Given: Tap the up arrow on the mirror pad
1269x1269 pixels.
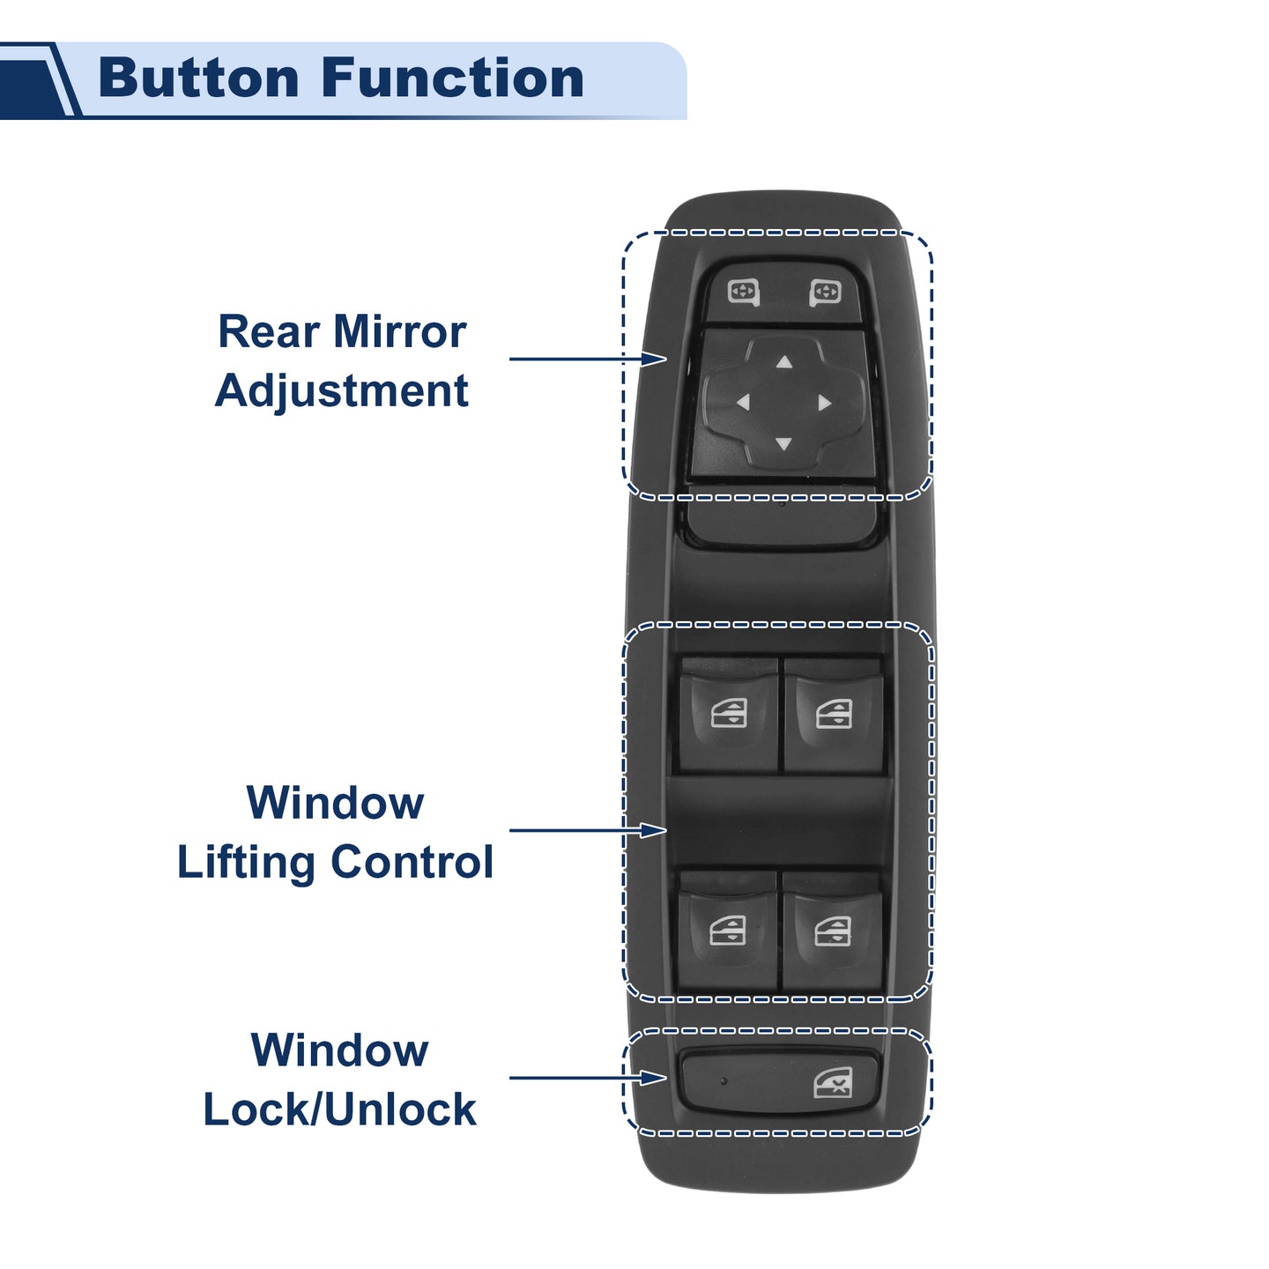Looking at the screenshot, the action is coord(783,361).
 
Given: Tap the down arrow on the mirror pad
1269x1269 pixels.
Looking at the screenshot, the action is coord(783,444).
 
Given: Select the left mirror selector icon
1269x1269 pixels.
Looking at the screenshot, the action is coord(744,292).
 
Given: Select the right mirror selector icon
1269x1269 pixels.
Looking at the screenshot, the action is coord(825,293).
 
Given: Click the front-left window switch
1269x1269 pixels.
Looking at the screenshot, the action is coord(728,716).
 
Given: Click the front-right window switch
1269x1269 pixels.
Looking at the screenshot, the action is coord(834,716).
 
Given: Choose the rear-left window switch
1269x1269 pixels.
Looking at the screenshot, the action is coord(728,931).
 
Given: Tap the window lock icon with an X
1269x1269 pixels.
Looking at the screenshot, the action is coord(833,1083).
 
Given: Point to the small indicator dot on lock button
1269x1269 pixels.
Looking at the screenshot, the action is coord(724,1081).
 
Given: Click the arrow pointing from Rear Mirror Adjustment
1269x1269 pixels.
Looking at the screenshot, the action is coord(588,359).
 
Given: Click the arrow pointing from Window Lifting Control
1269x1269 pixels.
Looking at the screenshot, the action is coord(588,830).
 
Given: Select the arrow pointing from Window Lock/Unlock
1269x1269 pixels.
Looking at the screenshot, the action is coord(588,1078).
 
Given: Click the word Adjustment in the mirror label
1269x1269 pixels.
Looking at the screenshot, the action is coord(342,392).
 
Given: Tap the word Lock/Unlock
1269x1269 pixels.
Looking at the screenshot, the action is coord(340,1110).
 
